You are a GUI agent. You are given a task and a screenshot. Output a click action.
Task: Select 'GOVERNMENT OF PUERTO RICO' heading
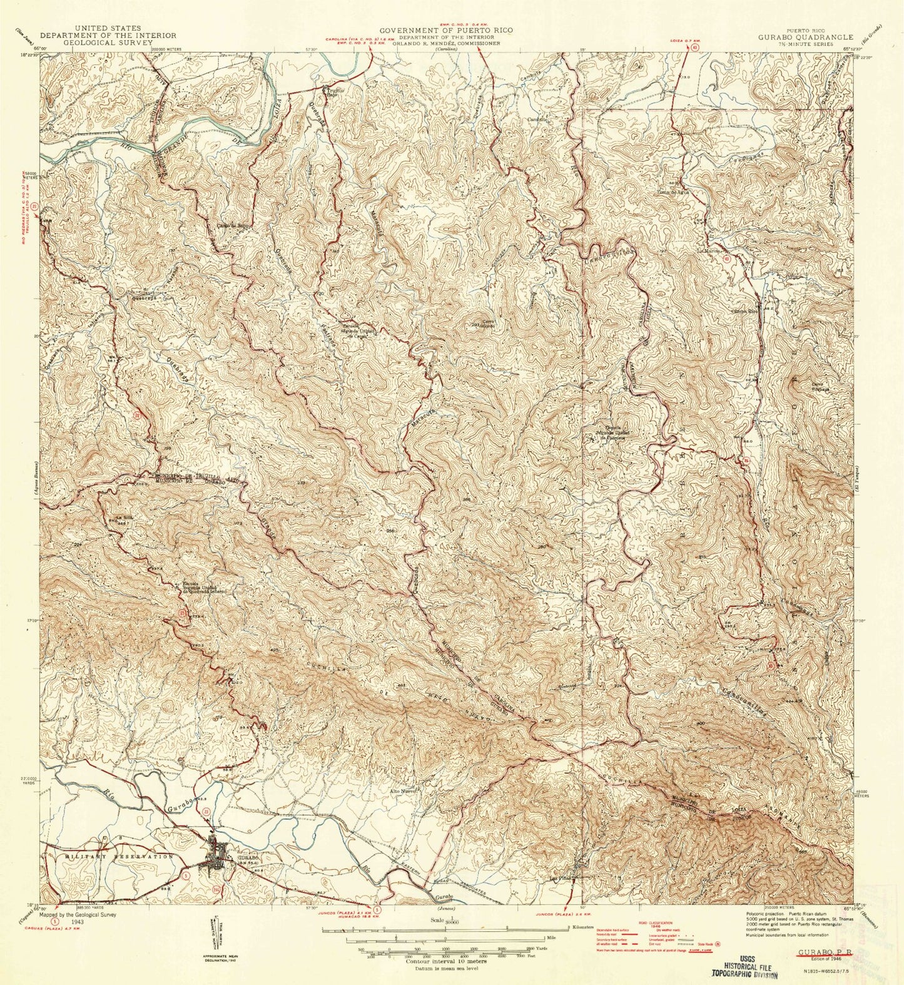[x=445, y=29]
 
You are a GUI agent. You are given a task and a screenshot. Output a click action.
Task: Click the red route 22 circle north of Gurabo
[x=206, y=812]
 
